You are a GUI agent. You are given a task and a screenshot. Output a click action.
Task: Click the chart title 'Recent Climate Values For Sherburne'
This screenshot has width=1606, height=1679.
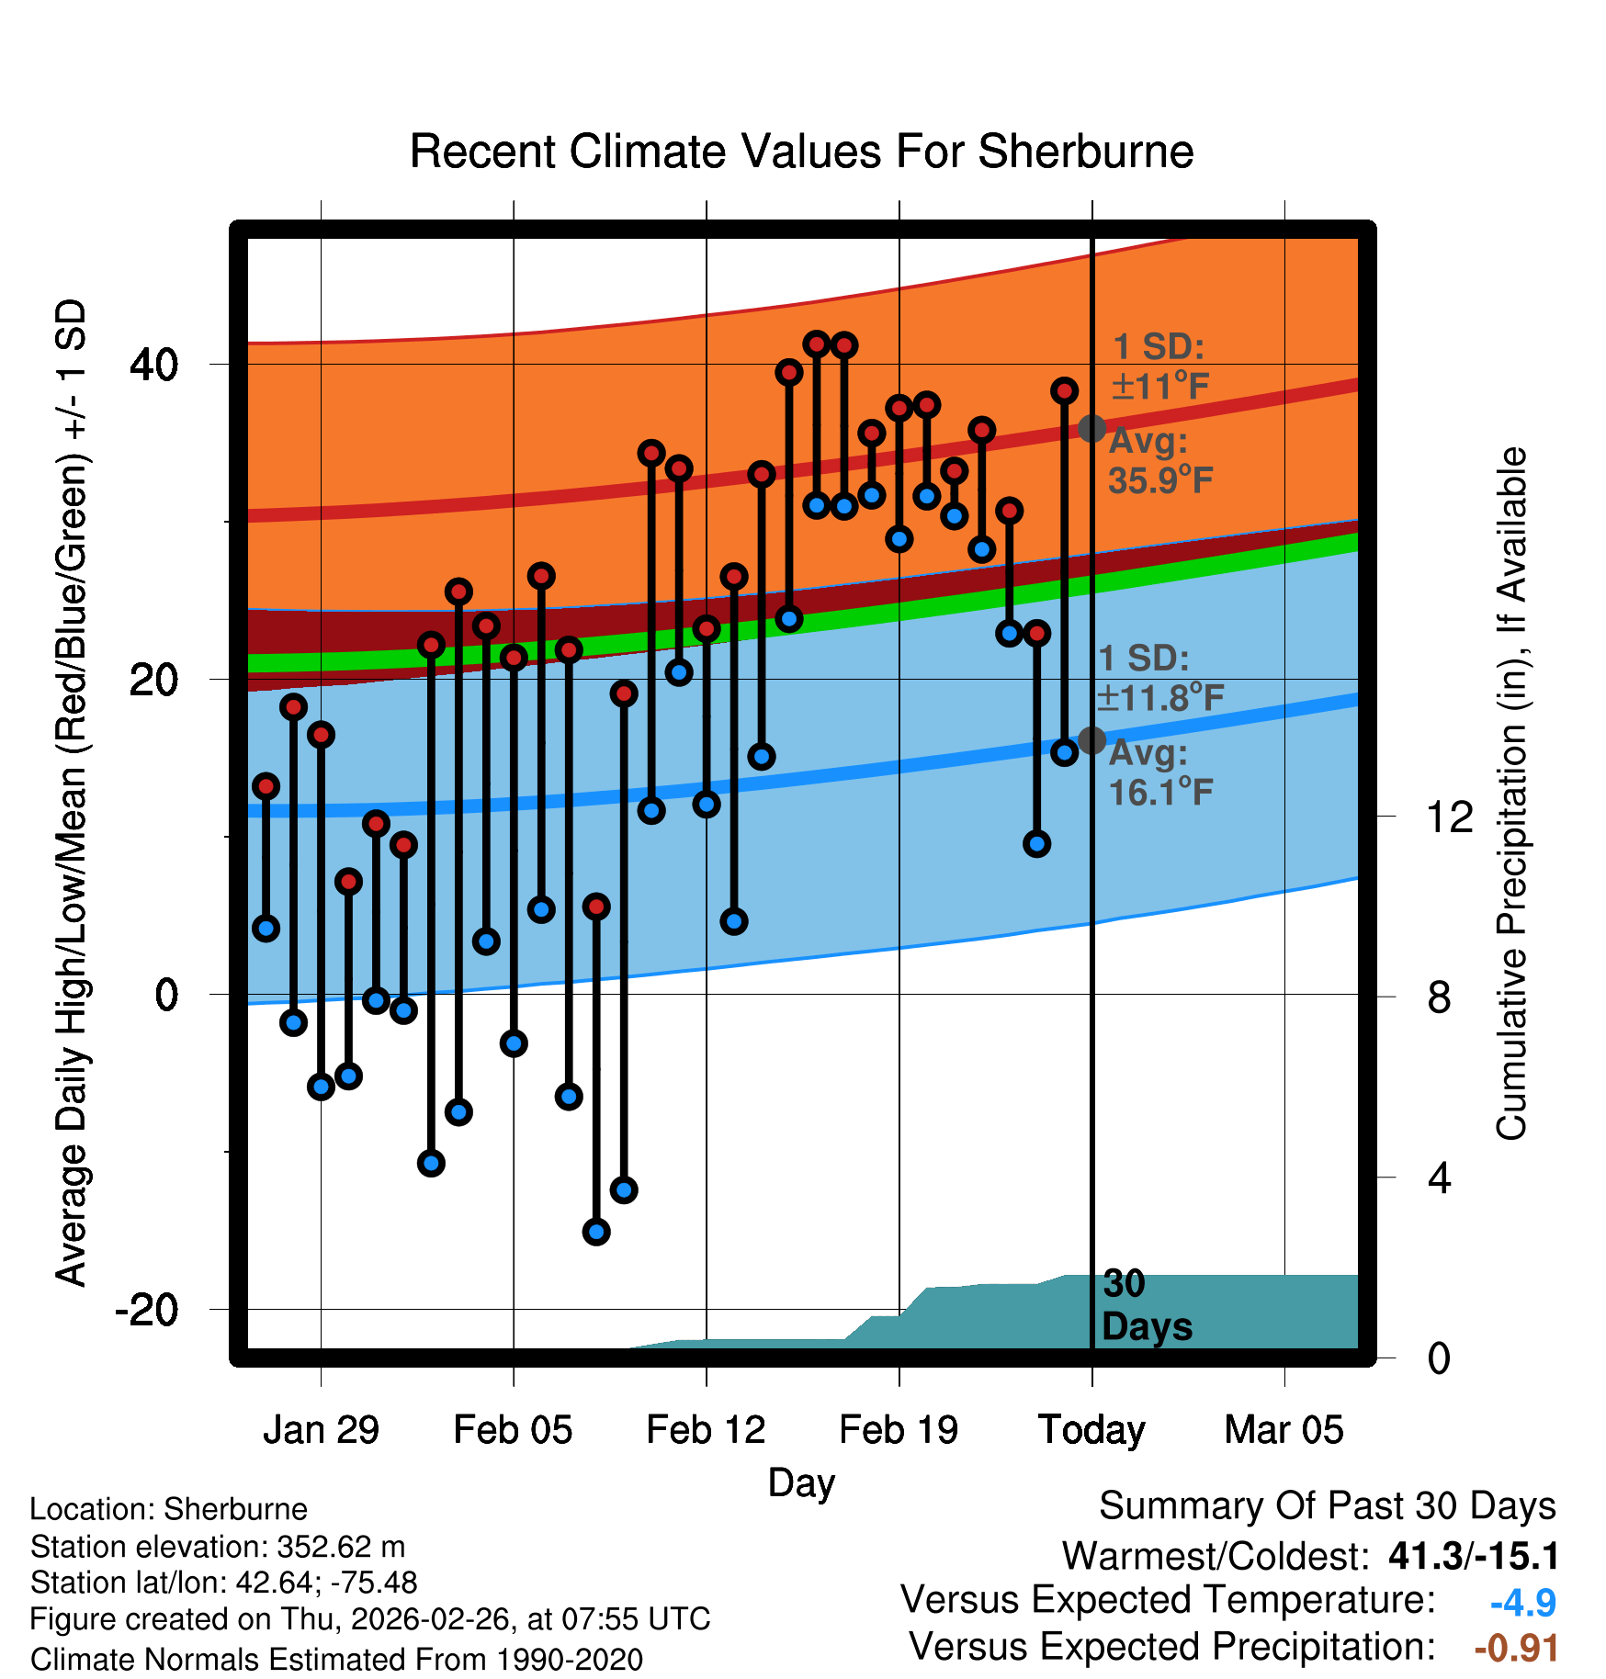(801, 152)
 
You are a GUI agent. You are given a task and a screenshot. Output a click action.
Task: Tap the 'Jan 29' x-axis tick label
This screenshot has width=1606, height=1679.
(321, 1430)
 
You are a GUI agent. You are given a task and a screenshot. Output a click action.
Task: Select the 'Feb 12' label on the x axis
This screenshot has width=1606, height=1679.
(706, 1430)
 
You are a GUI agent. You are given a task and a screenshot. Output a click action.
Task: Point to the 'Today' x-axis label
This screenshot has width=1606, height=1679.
(1091, 1430)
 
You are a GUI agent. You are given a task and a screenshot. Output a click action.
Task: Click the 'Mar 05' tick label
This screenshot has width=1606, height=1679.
(1284, 1430)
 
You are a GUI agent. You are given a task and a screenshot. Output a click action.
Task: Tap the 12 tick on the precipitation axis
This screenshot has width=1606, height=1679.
(1449, 817)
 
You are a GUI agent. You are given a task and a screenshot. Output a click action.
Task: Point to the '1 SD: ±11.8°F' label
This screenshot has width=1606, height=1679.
(1159, 679)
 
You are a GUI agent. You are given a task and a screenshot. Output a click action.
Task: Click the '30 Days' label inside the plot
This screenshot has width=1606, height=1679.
(1146, 1305)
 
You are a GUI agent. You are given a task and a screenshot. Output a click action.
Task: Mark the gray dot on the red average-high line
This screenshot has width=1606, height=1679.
(1091, 428)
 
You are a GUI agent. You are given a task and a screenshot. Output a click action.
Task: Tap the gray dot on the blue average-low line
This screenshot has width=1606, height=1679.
(1091, 740)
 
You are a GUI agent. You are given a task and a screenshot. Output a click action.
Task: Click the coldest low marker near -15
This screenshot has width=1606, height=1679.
(596, 1232)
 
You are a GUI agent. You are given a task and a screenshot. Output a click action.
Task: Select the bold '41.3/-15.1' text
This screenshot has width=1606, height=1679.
(1474, 1556)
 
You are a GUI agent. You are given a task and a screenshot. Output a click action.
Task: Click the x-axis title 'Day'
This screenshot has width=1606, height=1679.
(801, 1482)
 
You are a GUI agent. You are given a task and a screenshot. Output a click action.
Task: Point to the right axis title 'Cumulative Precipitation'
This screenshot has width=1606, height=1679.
(1511, 794)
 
